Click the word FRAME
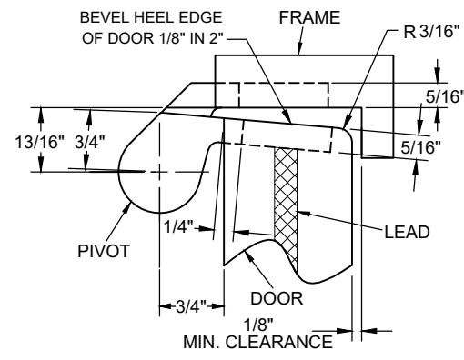point(309,17)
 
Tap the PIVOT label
point(104,251)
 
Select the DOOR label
point(277,298)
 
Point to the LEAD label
point(407,232)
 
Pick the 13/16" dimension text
point(40,142)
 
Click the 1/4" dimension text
point(178,226)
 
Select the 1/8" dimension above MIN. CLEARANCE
point(258,325)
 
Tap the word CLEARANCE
point(279,342)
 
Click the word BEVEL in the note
point(105,17)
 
